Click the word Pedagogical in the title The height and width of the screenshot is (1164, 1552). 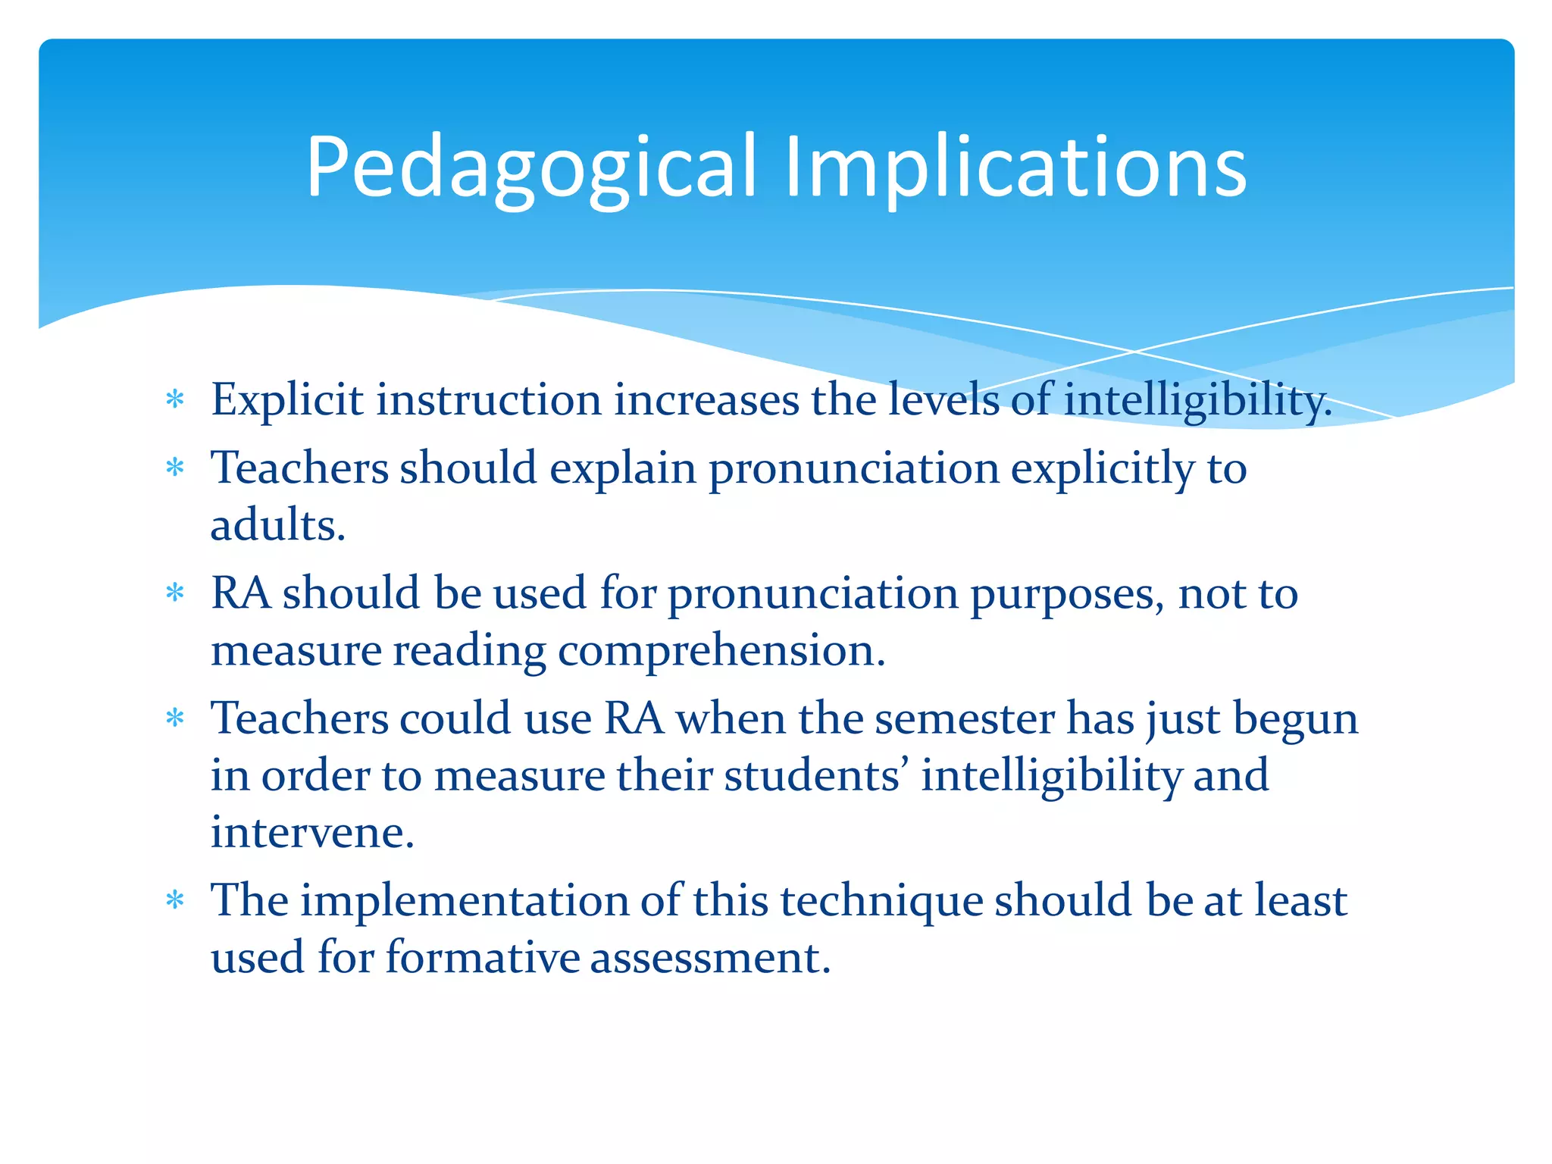point(530,168)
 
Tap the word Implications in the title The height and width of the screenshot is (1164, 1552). point(1015,168)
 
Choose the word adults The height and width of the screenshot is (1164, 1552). point(277,525)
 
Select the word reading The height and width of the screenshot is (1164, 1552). point(469,651)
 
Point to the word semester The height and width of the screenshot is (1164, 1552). point(964,718)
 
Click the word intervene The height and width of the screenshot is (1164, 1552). point(312,832)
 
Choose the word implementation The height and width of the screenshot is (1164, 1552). point(465,900)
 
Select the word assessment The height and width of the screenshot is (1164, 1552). point(710,957)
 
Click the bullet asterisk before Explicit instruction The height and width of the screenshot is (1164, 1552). point(175,399)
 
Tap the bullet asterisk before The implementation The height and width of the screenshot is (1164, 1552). point(175,900)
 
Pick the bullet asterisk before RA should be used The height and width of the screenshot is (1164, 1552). point(175,593)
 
